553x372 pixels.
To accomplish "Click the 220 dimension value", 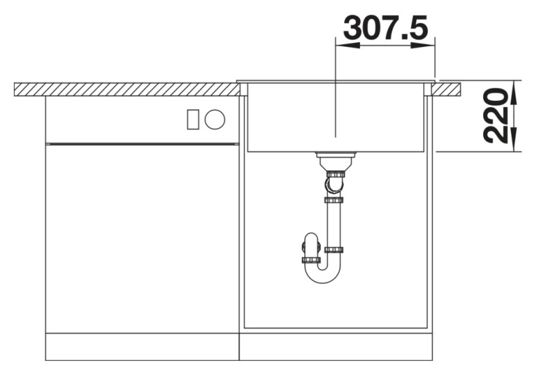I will coord(496,115).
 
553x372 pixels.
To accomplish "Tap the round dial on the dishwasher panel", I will coord(215,120).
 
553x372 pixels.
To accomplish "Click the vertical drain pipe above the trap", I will coord(335,225).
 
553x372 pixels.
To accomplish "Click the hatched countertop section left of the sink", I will coord(124,89).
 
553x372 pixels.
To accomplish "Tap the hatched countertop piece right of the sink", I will coord(448,89).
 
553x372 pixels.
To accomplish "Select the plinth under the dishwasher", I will coord(142,346).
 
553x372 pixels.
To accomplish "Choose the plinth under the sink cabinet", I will coord(335,346).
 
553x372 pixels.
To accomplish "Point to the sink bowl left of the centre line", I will coord(290,118).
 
